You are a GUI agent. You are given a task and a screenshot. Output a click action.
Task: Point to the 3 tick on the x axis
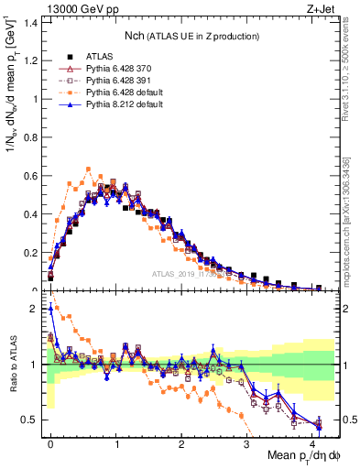(x=246, y=443)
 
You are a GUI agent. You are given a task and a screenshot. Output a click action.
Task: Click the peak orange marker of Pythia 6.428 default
(x=88, y=169)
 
